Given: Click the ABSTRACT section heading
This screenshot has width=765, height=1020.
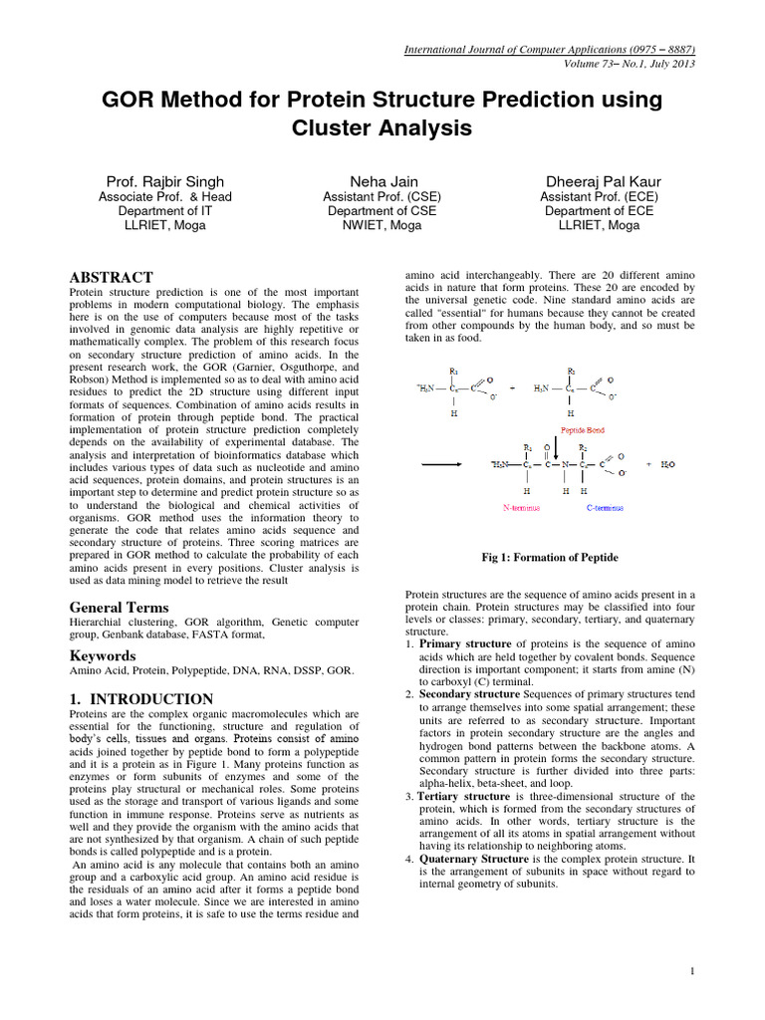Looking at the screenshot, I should [111, 277].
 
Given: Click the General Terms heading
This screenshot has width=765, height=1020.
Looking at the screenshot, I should [119, 608].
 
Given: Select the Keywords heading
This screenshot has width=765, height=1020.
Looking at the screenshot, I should [102, 656].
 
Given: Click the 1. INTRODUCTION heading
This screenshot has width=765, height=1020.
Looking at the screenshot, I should [140, 699].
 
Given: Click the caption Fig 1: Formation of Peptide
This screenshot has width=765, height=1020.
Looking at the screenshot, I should [550, 557].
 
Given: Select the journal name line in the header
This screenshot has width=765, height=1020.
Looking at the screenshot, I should [549, 49].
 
